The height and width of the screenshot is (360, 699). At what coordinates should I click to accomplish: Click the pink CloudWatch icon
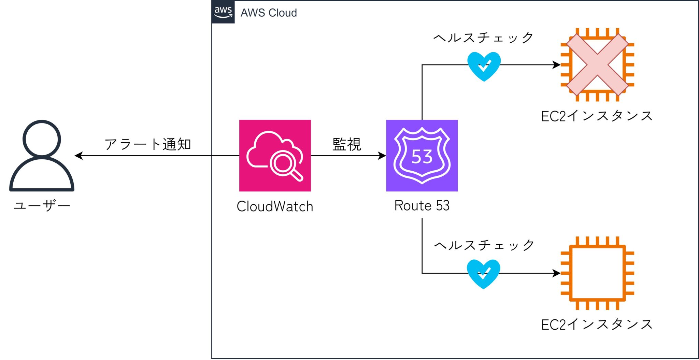[275, 155]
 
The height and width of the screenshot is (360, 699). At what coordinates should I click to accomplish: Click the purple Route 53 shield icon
[422, 155]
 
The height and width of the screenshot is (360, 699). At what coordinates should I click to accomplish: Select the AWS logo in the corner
[223, 12]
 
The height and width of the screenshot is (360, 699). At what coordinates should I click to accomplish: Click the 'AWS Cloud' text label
[269, 13]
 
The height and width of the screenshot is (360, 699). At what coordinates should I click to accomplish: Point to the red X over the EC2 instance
[597, 64]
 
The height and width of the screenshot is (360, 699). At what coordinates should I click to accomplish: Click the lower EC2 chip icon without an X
[597, 273]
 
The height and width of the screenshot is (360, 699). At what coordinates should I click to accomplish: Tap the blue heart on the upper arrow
[484, 66]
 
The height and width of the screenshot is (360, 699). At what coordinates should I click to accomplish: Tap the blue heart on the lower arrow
[483, 274]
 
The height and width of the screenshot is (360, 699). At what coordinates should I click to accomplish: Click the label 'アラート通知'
[147, 144]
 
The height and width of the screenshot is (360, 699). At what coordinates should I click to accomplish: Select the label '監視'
[347, 144]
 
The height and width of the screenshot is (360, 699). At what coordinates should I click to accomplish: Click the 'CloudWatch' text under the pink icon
[275, 206]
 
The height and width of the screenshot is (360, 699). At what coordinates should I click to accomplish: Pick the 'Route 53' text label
[422, 205]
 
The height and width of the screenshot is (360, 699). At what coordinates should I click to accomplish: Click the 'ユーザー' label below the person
[42, 205]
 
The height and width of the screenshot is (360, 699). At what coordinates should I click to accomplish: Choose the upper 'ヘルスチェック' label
[483, 38]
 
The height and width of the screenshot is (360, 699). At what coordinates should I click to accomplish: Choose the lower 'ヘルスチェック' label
[484, 245]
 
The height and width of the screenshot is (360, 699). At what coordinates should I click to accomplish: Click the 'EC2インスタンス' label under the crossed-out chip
[597, 116]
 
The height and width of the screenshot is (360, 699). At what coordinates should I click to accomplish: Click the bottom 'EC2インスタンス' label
[597, 324]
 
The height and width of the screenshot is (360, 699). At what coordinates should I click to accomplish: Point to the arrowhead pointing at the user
[79, 156]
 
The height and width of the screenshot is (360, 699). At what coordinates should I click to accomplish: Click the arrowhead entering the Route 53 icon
[382, 156]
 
